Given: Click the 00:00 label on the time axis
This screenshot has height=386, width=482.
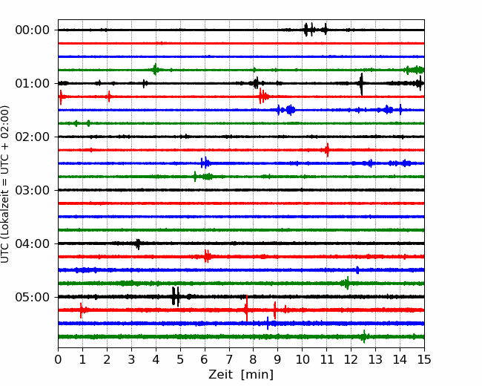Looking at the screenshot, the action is tap(33, 30).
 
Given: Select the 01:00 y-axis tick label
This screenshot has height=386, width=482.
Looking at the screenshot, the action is tap(33, 83).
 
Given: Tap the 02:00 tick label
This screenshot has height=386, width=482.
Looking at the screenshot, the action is tap(33, 137).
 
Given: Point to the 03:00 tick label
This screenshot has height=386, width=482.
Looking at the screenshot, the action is tap(33, 190).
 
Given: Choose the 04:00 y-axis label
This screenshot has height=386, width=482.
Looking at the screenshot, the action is tap(33, 243).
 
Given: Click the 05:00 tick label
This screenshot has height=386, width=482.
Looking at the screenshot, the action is tap(33, 297).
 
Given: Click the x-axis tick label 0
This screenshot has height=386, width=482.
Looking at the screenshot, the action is tap(58, 359).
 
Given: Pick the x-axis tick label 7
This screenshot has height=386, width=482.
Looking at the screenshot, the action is tap(229, 359).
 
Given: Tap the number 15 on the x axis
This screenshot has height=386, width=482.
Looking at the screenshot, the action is tap(424, 359).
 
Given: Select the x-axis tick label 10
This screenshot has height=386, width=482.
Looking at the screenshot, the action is tap(302, 359).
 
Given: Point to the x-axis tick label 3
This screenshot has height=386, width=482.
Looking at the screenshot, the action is tap(131, 359).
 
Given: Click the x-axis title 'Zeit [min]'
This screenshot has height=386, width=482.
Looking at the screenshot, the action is tap(241, 375).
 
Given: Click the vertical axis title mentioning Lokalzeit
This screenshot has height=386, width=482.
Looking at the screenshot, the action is tap(5, 184).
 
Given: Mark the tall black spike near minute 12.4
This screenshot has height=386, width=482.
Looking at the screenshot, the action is tap(362, 84).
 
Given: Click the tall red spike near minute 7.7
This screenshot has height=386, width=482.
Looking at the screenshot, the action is tap(246, 308).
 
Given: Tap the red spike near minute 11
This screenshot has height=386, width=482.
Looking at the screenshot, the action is tap(327, 150).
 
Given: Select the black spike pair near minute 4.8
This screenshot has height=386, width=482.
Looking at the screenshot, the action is tap(176, 296).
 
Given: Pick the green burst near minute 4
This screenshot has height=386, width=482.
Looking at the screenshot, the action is tap(156, 70).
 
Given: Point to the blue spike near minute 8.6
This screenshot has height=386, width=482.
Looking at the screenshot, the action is tap(268, 323).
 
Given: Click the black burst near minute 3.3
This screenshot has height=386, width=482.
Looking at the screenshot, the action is tap(138, 244).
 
